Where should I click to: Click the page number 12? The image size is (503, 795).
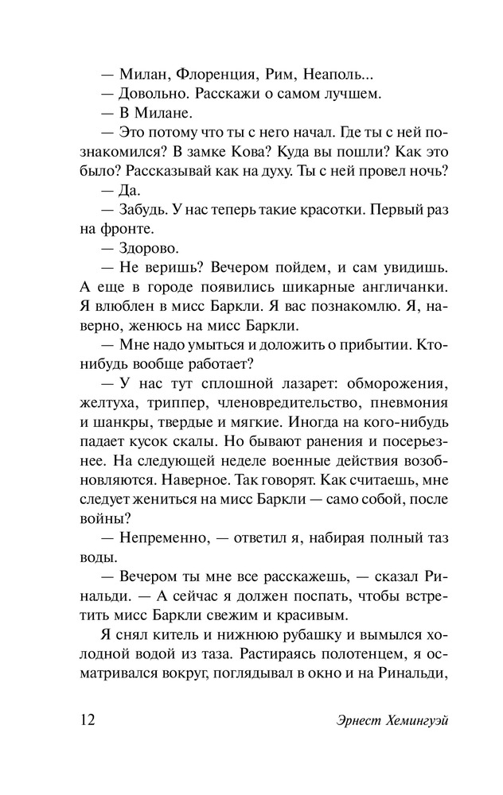pyautogui.click(x=88, y=721)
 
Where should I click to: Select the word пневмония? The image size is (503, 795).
pyautogui.click(x=404, y=402)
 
